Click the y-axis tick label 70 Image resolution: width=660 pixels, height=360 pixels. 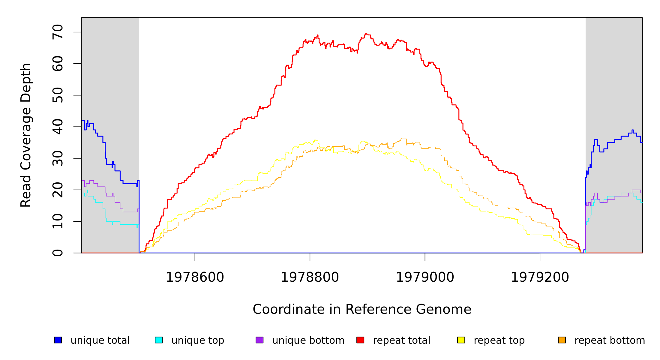[58, 32]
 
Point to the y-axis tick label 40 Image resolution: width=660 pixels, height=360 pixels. [58, 127]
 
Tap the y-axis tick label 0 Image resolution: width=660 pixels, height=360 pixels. [58, 253]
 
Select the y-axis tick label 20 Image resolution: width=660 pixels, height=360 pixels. [58, 190]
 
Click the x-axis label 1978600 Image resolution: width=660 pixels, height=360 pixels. [195, 277]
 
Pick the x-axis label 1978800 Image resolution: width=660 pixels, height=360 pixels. [310, 277]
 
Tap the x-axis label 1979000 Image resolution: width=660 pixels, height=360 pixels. [425, 277]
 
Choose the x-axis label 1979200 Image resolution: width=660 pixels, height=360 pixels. [540, 277]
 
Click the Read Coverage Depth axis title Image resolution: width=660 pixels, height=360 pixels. [26, 135]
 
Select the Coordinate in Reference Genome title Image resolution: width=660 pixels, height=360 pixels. [362, 309]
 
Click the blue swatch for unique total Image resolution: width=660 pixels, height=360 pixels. [58, 340]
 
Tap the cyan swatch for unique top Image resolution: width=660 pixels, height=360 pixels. [159, 340]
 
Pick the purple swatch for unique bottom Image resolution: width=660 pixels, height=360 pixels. [259, 340]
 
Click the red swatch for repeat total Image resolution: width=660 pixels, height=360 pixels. [360, 340]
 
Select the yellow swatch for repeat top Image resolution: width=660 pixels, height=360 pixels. [461, 340]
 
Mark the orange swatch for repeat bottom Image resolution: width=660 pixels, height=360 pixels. [562, 340]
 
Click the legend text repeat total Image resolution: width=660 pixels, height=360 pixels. [401, 340]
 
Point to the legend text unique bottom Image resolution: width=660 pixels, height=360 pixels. [308, 340]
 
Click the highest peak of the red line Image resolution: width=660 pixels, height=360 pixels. [366, 34]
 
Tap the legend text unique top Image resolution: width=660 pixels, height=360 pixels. [198, 340]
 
